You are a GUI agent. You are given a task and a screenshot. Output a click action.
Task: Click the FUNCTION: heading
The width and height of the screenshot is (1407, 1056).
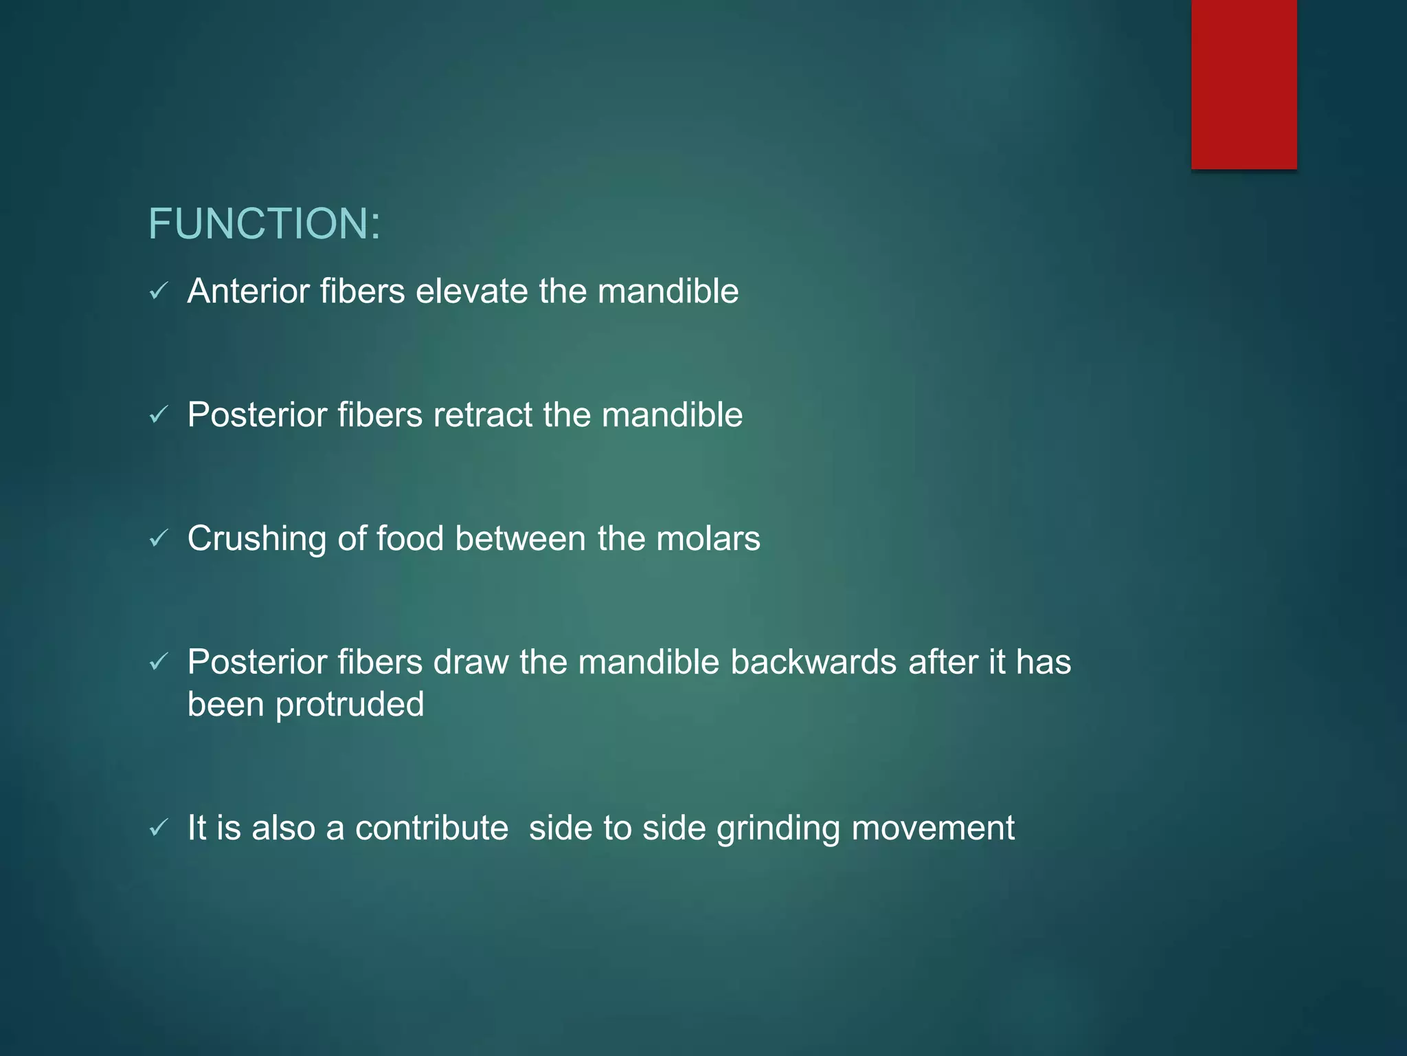point(264,224)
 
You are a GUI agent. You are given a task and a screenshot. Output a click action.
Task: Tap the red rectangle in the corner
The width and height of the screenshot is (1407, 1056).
point(1243,84)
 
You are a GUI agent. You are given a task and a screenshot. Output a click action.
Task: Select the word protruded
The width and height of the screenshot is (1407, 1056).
point(350,705)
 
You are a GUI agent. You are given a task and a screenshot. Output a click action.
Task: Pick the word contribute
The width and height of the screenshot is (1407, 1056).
point(431,828)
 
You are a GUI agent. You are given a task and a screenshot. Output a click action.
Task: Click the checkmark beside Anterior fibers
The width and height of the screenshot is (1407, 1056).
point(159,291)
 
